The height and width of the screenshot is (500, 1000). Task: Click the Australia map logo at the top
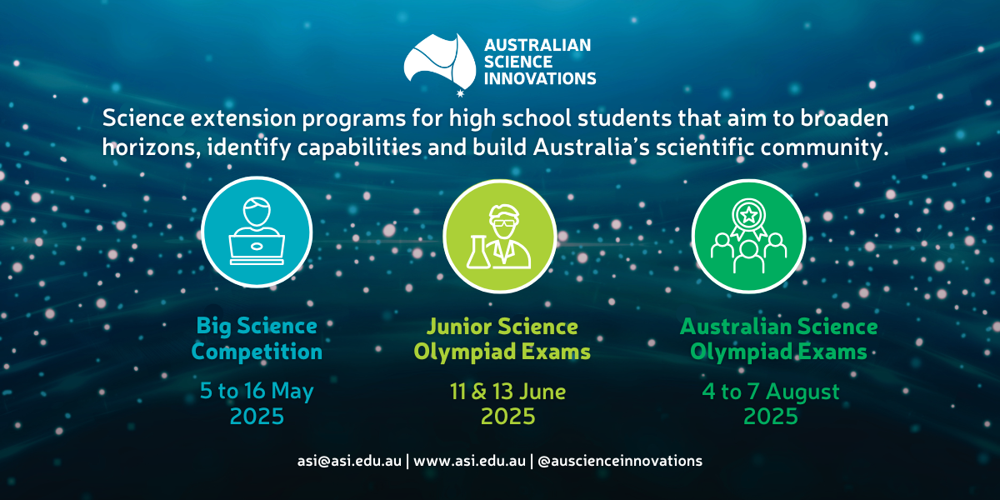point(439,60)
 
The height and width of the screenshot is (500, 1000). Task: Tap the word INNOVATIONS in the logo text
point(540,79)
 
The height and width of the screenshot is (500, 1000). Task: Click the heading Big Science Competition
point(257,338)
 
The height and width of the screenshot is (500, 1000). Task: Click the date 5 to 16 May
point(257,391)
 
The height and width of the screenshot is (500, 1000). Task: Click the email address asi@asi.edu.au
point(350,461)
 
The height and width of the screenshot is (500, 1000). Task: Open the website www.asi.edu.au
point(469,461)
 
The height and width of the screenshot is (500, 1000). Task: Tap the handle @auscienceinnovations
point(620,461)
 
